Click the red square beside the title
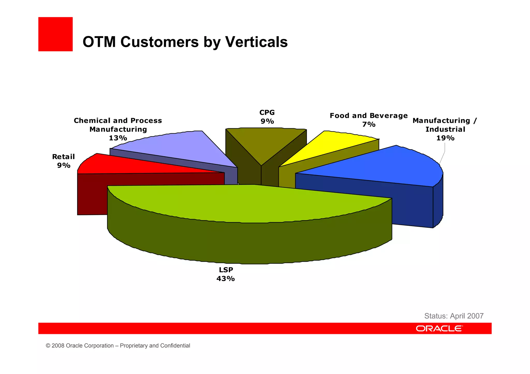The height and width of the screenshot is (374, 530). coord(55,34)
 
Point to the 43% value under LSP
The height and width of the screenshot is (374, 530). coord(226,279)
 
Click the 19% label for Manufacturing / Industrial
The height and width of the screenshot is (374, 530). coord(445,138)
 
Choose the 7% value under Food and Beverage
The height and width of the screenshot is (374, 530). coord(369,124)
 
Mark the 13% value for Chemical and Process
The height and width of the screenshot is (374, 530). coord(118,138)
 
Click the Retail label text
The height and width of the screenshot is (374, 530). coord(63,157)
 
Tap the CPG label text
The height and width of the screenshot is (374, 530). coord(267,112)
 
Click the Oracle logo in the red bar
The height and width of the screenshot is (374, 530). coord(439,329)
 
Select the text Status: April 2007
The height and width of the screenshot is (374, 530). coord(454,316)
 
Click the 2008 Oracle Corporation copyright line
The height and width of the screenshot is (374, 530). coord(118,346)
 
